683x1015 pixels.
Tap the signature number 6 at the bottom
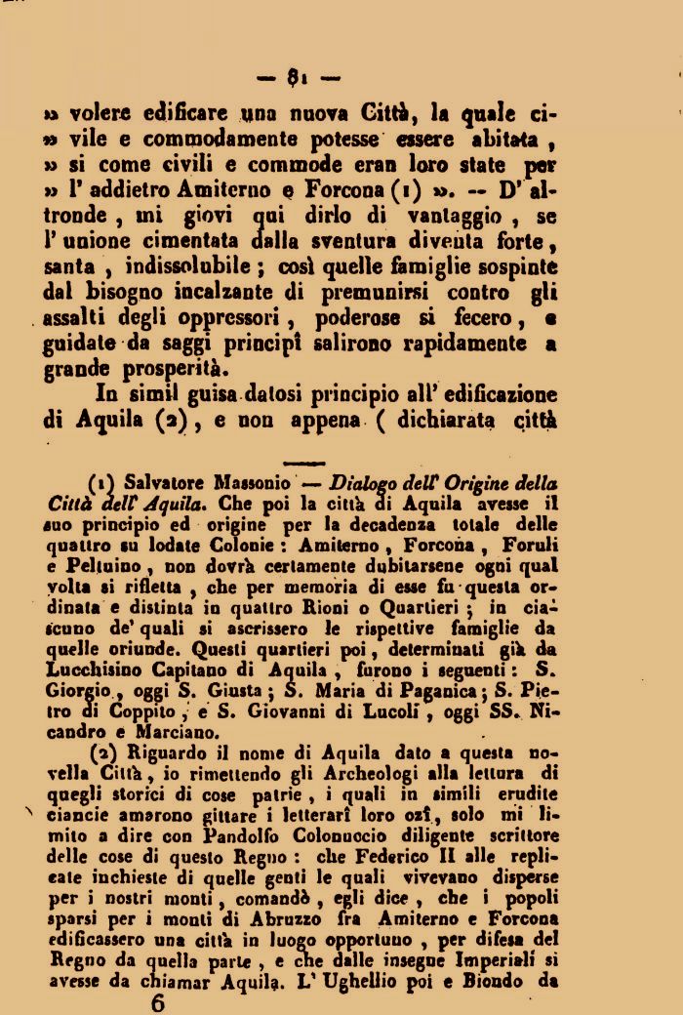[x=158, y=1000]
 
